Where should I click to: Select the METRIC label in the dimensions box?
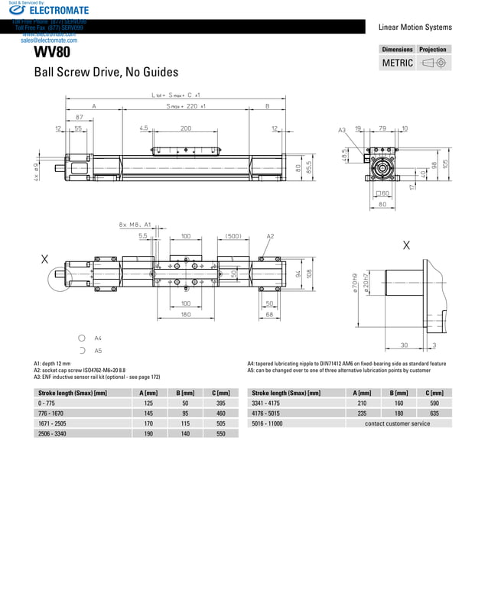coord(397,63)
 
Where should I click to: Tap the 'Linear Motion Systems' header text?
coord(415,27)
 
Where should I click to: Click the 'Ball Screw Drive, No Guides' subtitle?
coord(106,72)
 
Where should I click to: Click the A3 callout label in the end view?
coord(342,130)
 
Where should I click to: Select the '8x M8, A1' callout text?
coord(135,225)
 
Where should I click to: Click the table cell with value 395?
coord(220,402)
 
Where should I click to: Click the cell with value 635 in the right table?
coord(434,413)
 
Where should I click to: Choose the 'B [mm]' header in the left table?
coord(184,392)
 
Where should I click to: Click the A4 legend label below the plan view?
coord(98,337)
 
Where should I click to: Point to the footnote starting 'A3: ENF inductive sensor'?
coord(97,377)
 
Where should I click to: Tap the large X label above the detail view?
coord(405,245)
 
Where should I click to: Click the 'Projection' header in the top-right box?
coord(432,49)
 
